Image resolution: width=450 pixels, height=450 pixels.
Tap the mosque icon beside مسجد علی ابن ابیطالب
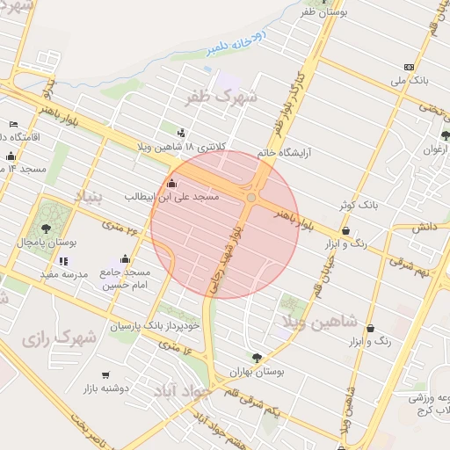pos(171,185)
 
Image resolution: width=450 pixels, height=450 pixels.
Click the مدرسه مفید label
pos(62,274)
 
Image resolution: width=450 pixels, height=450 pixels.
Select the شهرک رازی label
pos(61,338)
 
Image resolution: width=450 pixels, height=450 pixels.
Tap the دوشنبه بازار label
pos(106,388)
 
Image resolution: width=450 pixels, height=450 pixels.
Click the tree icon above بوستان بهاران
pos(257,358)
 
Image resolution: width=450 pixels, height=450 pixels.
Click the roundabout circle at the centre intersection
pos(251,199)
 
